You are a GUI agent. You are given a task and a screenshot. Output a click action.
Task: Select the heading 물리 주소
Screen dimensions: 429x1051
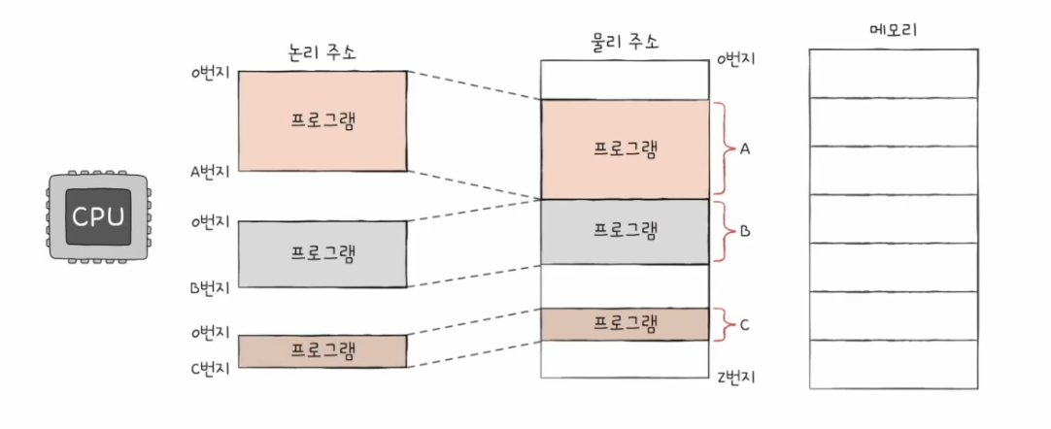click(625, 42)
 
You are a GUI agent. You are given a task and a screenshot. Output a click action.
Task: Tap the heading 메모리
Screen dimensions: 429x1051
click(894, 30)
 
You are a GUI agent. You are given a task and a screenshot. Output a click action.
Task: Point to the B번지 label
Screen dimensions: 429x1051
click(210, 288)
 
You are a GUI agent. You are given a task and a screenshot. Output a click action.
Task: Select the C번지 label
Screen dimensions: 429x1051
click(210, 368)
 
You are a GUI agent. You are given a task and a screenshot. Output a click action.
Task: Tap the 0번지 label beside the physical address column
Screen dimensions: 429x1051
click(736, 60)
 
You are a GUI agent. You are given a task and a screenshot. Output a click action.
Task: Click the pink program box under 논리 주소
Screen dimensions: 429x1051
click(322, 120)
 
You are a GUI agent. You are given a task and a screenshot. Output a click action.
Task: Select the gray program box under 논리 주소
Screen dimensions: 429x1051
click(322, 253)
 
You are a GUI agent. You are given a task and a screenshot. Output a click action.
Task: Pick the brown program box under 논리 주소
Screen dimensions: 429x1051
click(322, 350)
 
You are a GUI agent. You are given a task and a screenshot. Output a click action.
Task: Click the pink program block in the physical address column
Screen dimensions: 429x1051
click(625, 149)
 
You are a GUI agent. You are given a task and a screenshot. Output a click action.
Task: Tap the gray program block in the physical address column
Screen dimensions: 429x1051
click(625, 231)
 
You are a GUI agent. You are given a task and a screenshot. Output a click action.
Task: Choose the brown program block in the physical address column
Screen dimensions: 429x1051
click(625, 323)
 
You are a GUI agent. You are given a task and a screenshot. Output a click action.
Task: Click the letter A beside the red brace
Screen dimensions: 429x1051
click(745, 149)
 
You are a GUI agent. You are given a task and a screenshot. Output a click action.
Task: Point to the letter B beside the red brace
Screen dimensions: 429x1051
click(745, 232)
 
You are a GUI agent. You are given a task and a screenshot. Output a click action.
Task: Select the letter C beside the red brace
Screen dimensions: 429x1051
click(745, 324)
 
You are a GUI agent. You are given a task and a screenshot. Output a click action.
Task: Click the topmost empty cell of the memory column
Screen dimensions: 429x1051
click(894, 73)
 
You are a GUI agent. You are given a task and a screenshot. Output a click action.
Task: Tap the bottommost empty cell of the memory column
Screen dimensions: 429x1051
click(894, 364)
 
